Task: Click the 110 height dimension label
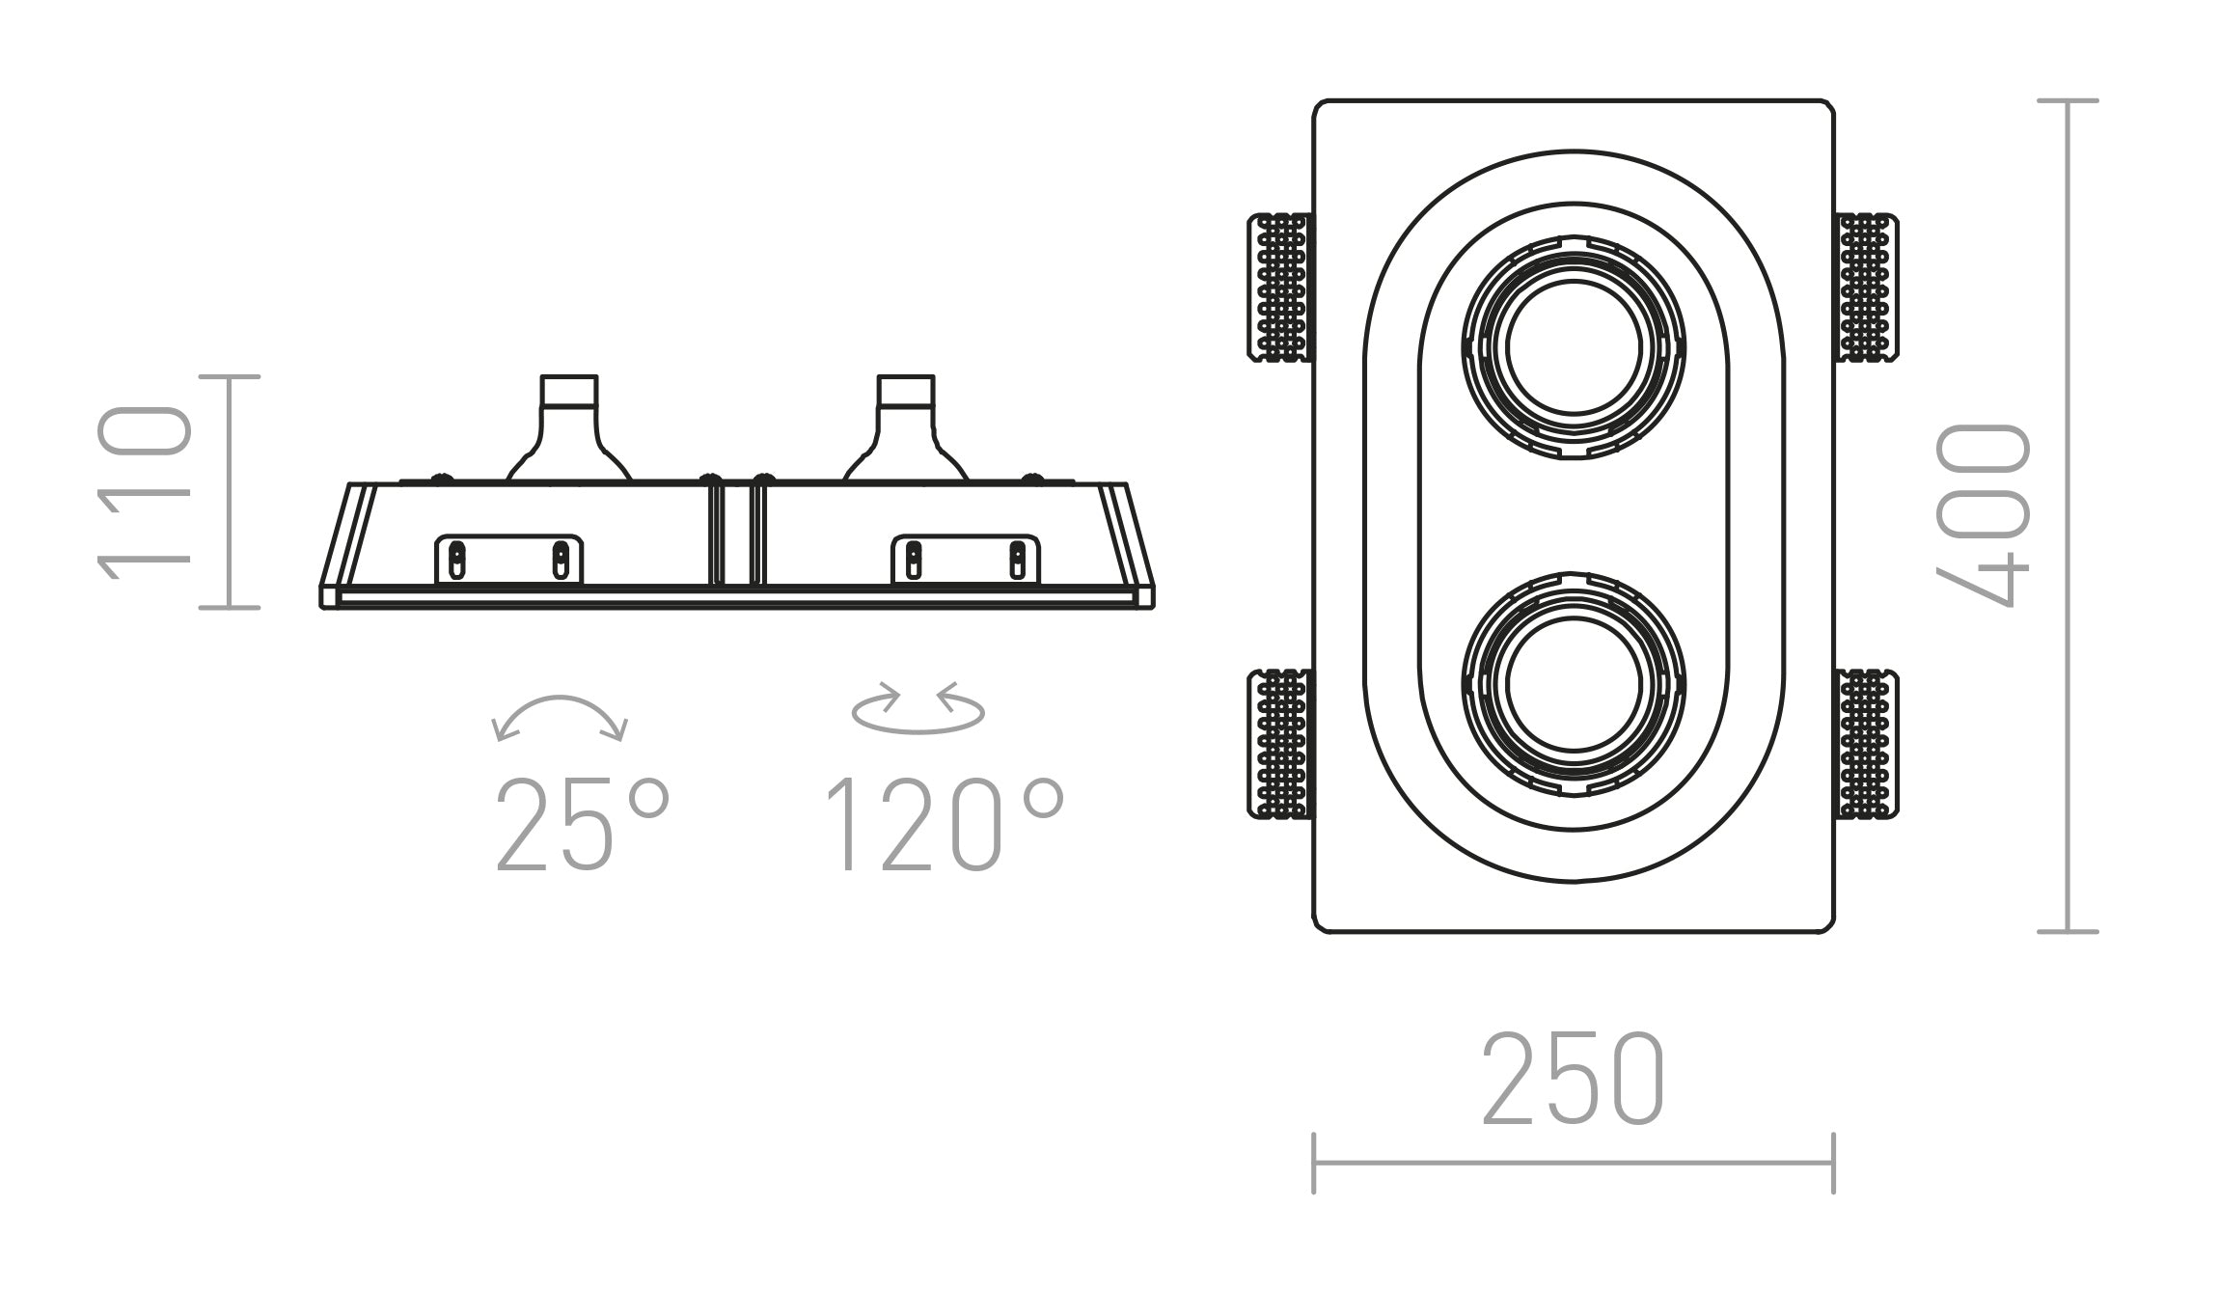pos(145,492)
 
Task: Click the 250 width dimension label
pos(1574,1079)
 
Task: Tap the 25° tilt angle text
pos(582,825)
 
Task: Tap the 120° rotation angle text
pos(945,825)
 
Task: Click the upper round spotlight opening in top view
pos(1574,347)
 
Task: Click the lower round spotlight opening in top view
pos(1574,684)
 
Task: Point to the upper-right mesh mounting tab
pos(1866,288)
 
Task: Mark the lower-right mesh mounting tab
pos(1866,744)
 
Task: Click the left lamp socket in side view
pos(569,429)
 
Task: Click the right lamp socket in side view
pos(906,429)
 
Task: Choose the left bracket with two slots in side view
pos(508,560)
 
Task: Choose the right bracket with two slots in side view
pos(966,560)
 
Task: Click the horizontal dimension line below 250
pos(1574,1164)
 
